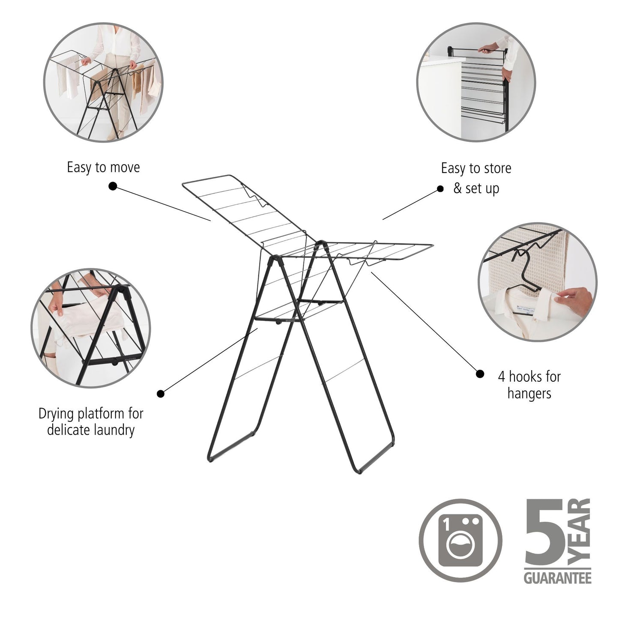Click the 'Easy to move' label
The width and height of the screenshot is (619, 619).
click(x=103, y=167)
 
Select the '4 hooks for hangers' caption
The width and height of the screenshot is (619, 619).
click(x=529, y=385)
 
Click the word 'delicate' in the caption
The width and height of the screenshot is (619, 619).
click(x=69, y=430)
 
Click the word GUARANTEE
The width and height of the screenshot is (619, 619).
click(x=557, y=578)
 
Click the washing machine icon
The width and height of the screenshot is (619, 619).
click(x=460, y=539)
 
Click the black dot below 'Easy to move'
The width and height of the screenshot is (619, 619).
click(x=113, y=186)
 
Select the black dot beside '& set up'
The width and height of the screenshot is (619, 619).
click(x=440, y=188)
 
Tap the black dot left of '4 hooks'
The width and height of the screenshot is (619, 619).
click(x=480, y=374)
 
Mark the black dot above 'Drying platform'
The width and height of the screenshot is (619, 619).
click(x=161, y=393)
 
